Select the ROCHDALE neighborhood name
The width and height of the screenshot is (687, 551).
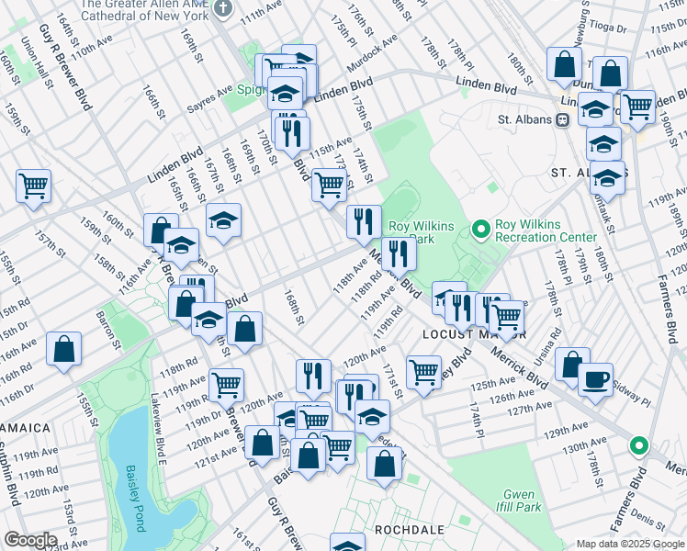(x=410, y=530)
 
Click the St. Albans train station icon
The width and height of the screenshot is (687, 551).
(x=560, y=119)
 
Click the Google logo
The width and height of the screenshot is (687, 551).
(x=30, y=540)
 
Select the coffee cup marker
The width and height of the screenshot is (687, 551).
(x=595, y=378)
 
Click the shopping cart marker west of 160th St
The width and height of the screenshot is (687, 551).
(x=33, y=186)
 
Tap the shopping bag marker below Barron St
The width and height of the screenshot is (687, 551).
(x=63, y=349)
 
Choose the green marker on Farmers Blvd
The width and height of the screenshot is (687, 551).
(x=639, y=447)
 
